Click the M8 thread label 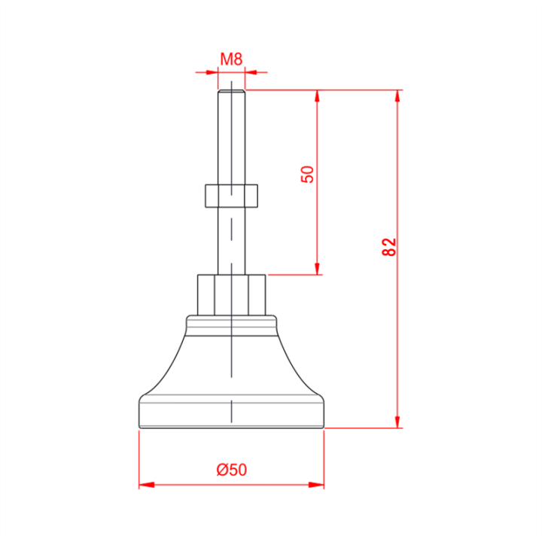(231, 59)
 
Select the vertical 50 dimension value (307, 174)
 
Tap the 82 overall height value (389, 247)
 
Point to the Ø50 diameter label (232, 470)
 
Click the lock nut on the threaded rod (231, 196)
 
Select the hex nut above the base (232, 295)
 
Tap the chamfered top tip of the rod (232, 91)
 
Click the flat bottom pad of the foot (231, 415)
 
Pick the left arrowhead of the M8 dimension (212, 72)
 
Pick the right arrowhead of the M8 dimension (251, 72)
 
